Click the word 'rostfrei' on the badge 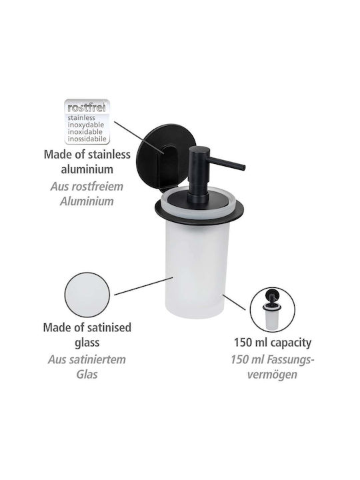[87, 108]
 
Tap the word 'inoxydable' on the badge [86, 125]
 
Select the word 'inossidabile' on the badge [87, 139]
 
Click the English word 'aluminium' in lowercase [87, 169]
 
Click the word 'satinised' [106, 327]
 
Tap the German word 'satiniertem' [99, 359]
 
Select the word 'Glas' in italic [87, 374]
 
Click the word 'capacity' [290, 343]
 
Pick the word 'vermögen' [272, 375]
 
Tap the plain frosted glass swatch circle [87, 295]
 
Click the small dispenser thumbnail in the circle [272, 310]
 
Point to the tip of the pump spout [244, 167]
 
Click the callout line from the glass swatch [143, 286]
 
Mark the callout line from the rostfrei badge [139, 137]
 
